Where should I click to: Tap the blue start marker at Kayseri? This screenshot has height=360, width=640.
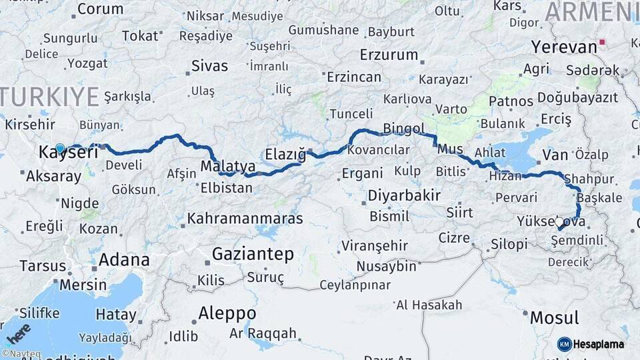pyautogui.click(x=60, y=148)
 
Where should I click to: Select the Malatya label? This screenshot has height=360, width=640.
pyautogui.click(x=228, y=165)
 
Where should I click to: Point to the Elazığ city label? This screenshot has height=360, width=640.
pyautogui.click(x=285, y=154)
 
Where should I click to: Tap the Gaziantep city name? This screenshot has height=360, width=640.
pyautogui.click(x=253, y=254)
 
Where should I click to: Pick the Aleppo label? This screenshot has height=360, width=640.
pyautogui.click(x=227, y=313)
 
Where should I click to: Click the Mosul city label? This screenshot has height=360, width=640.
pyautogui.click(x=554, y=318)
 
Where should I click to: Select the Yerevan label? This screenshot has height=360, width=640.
pyautogui.click(x=563, y=47)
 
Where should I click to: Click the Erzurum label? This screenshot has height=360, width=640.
pyautogui.click(x=389, y=55)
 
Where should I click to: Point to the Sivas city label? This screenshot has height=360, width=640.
pyautogui.click(x=209, y=66)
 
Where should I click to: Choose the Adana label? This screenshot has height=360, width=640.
pyautogui.click(x=124, y=259)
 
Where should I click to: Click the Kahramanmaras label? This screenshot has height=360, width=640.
pyautogui.click(x=245, y=219)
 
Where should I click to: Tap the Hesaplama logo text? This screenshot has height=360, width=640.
pyautogui.click(x=599, y=344)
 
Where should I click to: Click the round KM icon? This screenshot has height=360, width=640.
pyautogui.click(x=565, y=344)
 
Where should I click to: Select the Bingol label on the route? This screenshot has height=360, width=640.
pyautogui.click(x=404, y=128)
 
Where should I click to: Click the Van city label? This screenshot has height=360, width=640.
pyautogui.click(x=555, y=155)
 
